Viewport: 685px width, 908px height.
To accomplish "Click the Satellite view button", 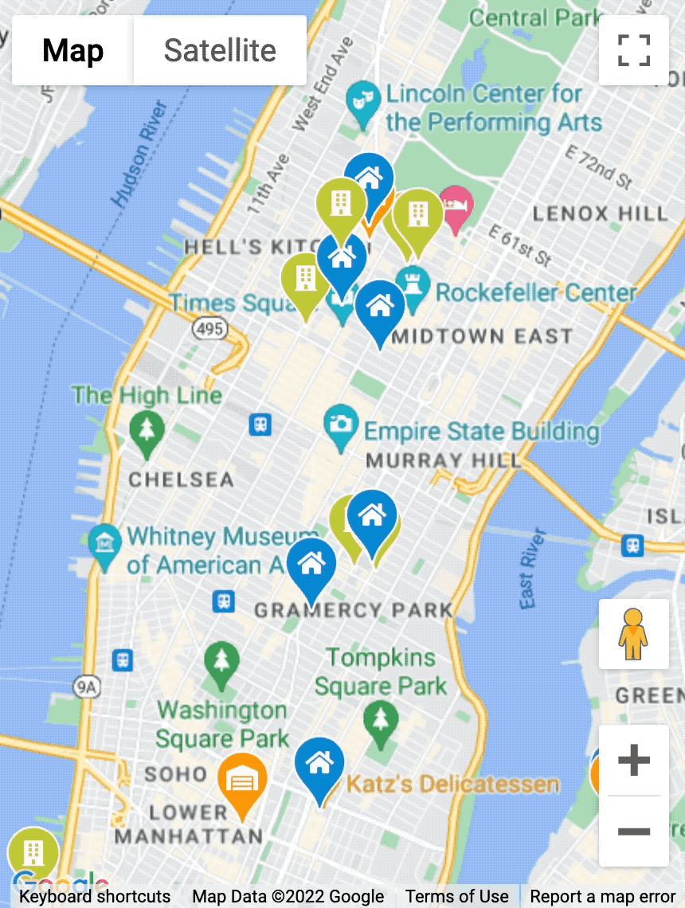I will (x=220, y=51).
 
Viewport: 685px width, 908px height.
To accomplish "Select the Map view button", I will (x=72, y=51).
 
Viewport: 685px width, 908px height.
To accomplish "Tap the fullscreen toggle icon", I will (x=634, y=50).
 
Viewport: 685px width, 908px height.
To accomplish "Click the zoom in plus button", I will (x=634, y=761).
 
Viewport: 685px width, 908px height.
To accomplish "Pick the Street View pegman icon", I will (x=634, y=634).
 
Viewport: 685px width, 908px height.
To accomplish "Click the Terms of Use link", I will (x=456, y=897).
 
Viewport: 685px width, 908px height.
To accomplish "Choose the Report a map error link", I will (x=602, y=897).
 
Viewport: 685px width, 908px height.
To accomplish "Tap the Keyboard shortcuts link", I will (x=95, y=897).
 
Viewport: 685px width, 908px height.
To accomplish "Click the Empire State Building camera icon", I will (x=341, y=423).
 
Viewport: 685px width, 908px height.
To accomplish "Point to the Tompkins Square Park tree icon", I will (x=381, y=719).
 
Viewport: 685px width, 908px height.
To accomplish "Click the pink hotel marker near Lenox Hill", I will (x=456, y=205).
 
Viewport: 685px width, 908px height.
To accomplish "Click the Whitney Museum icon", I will (x=105, y=543).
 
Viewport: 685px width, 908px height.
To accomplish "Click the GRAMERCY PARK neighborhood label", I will (x=353, y=611).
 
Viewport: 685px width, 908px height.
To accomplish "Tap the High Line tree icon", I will (x=147, y=430).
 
